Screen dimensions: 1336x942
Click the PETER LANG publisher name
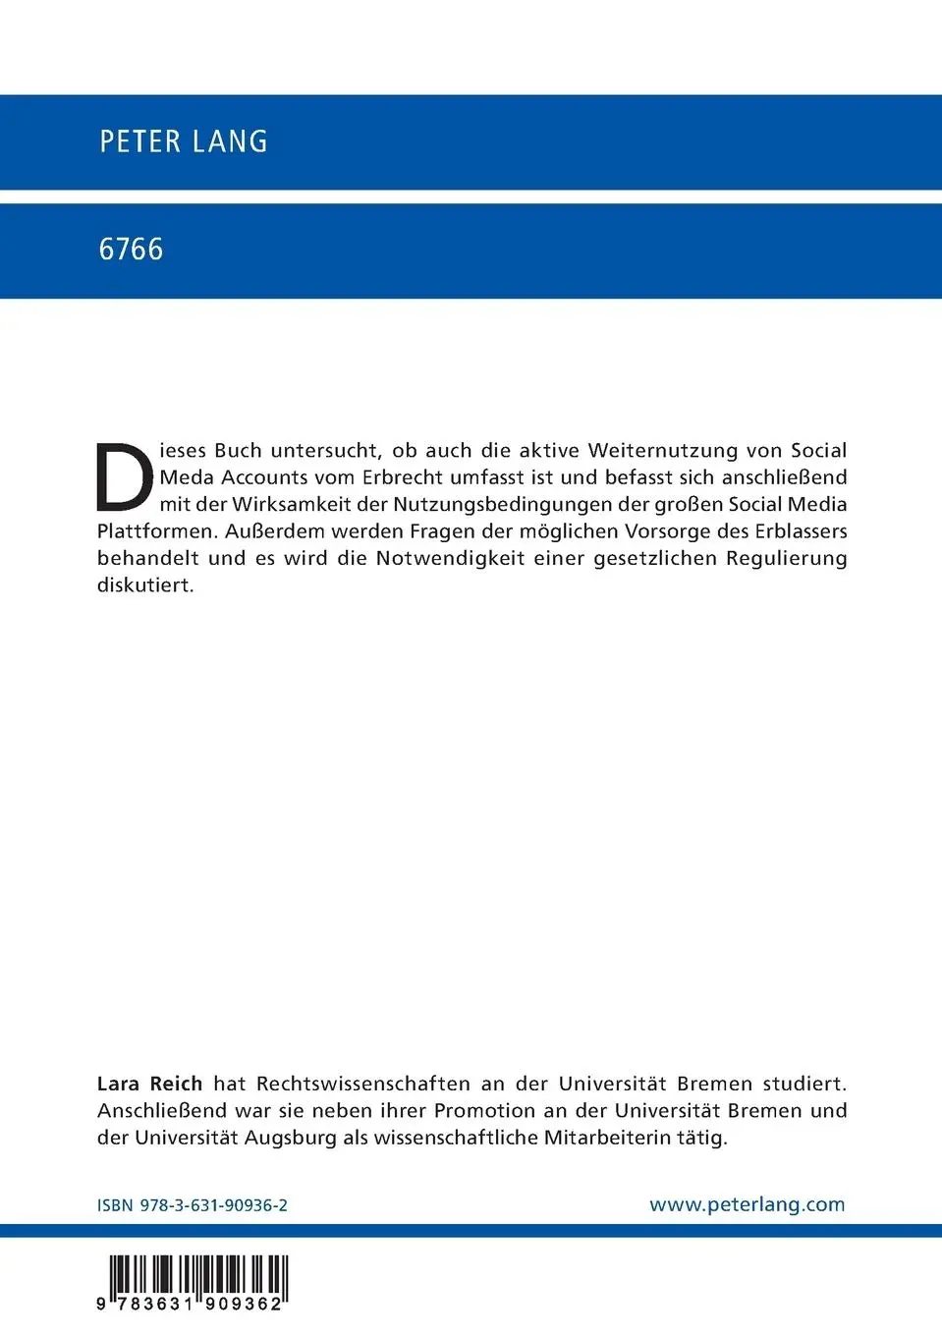click(183, 141)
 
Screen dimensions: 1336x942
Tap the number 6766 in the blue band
click(131, 250)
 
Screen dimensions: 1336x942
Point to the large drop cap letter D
click(125, 478)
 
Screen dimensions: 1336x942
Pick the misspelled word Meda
click(187, 477)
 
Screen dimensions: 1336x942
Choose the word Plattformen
click(155, 531)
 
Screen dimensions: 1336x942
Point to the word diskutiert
click(145, 585)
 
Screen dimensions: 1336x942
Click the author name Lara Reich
click(149, 1084)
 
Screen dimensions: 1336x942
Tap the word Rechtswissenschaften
click(362, 1084)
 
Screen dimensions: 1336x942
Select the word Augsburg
click(290, 1138)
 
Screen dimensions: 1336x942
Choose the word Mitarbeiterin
click(608, 1138)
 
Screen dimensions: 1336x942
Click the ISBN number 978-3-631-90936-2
click(213, 1205)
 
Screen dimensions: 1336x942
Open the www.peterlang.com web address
click(747, 1204)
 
